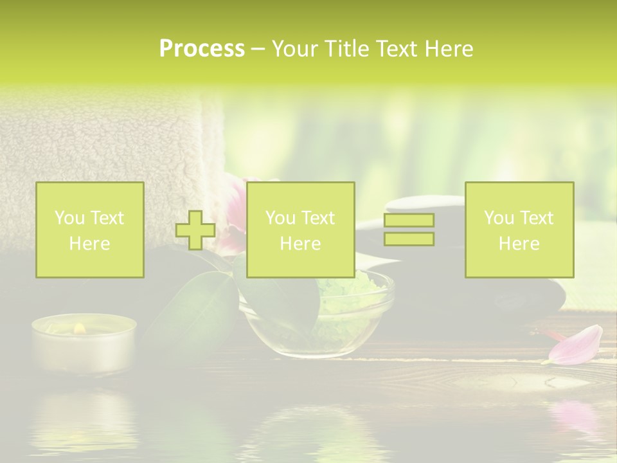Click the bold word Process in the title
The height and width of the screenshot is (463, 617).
point(202,49)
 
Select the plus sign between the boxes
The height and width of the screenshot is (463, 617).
point(195,230)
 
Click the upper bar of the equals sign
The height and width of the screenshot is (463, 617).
point(409,220)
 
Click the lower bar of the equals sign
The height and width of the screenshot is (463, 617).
point(409,239)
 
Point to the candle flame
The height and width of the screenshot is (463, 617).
point(79,328)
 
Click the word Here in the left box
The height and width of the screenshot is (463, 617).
point(89,243)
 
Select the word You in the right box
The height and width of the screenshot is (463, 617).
point(499,218)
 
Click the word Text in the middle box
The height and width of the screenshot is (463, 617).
point(318,218)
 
